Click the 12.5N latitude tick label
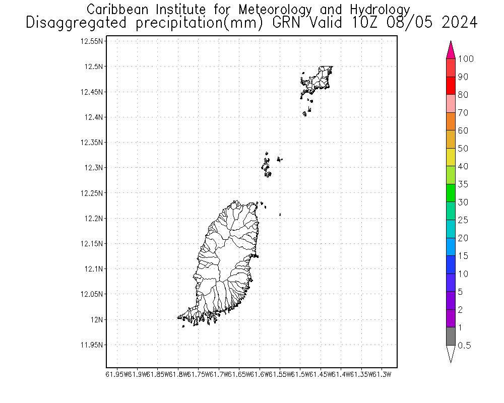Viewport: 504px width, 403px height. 95,66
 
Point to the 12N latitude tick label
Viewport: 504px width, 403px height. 97,319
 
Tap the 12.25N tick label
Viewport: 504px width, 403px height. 93,193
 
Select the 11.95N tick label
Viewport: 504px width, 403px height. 93,345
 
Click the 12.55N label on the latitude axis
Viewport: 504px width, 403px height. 93,41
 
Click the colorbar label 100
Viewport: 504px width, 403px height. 466,59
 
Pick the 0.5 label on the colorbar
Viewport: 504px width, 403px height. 464,346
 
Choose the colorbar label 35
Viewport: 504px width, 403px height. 463,184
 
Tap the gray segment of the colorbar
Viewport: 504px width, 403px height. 451,336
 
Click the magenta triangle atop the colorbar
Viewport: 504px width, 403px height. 451,50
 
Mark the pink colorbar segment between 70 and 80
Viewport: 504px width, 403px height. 451,103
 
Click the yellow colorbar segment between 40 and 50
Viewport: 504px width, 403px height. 451,157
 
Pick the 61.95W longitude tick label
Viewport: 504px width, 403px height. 116,374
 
